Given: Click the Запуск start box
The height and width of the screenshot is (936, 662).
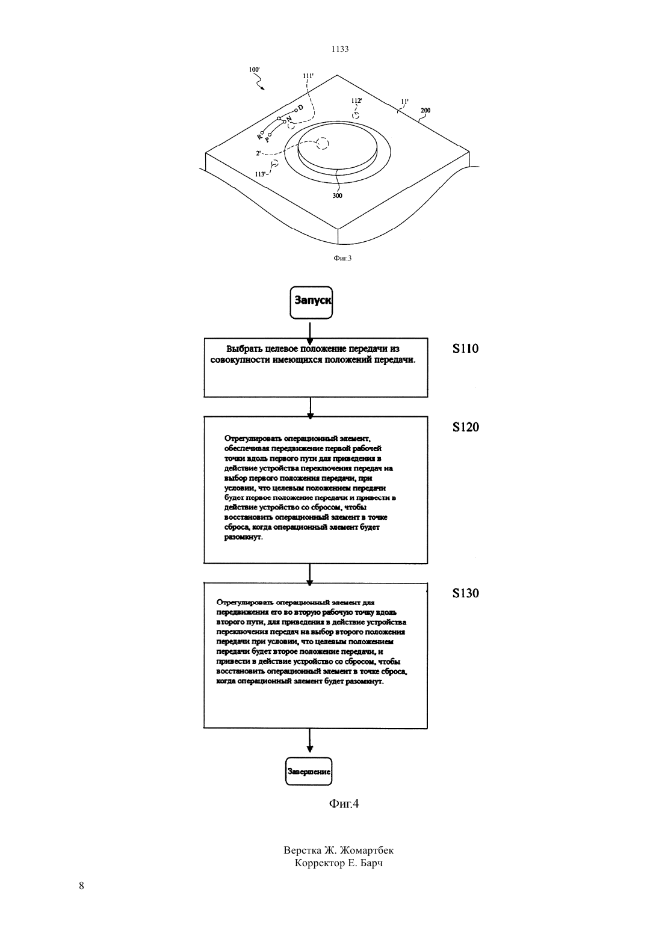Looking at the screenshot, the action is tap(311, 303).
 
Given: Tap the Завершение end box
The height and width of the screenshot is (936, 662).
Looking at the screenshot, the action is tap(309, 771).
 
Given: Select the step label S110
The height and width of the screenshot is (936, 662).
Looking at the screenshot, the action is tap(466, 348).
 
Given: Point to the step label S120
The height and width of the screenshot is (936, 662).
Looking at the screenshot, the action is tap(466, 426).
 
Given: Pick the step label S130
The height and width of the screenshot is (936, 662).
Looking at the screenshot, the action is tap(466, 593).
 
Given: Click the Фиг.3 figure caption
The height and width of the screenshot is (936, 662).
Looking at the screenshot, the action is tap(342, 258).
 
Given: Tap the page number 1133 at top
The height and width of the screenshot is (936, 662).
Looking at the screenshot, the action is tap(340, 49).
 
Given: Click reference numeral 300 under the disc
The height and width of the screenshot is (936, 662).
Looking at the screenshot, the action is tap(337, 196).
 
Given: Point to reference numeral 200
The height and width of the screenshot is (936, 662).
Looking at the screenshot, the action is tap(425, 110).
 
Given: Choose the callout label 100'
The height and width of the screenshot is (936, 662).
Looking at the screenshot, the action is tap(255, 69).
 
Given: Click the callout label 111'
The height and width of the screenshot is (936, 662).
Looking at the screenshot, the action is tap(308, 76).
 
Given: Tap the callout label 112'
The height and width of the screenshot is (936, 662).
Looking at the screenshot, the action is tap(356, 100).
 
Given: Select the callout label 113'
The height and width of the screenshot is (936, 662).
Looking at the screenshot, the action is tap(261, 174).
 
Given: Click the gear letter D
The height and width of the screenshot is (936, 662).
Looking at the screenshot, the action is tap(300, 108).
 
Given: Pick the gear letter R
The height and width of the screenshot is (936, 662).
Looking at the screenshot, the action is tap(259, 136).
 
